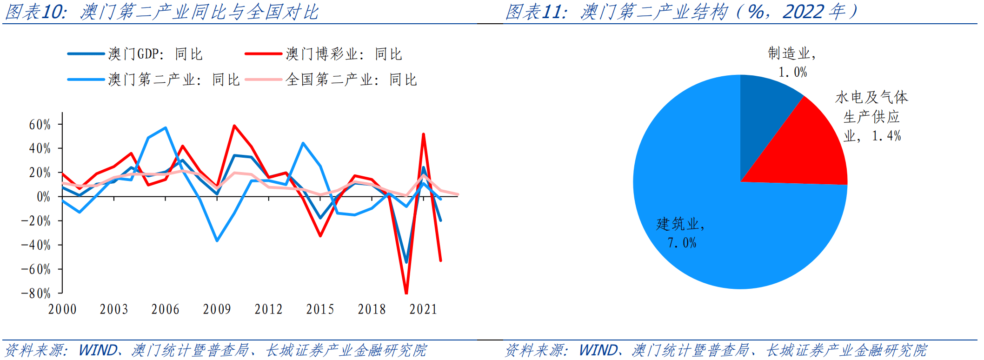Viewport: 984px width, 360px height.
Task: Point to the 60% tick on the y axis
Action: pos(40,124)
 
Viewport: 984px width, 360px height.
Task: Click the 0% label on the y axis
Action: pos(43,197)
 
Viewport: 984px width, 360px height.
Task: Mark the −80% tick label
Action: pos(36,293)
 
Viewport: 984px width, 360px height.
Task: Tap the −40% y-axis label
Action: pos(36,245)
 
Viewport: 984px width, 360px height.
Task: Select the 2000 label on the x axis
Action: pos(62,309)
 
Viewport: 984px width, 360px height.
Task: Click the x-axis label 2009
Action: pos(217,309)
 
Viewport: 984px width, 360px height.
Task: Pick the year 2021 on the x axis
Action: pos(423,309)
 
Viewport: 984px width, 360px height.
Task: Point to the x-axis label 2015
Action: pos(320,309)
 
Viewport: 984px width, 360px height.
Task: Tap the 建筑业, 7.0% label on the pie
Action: pos(681,233)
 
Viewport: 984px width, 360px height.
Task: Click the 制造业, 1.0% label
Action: pos(792,62)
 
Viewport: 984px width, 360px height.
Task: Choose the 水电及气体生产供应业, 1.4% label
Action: pos(871,116)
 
